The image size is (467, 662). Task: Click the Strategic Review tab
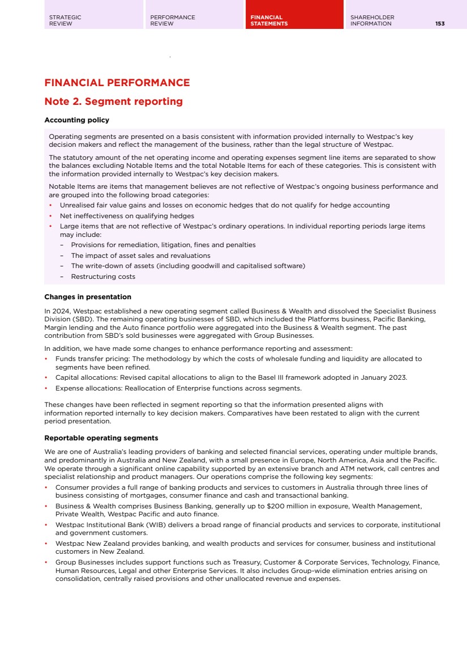pos(65,20)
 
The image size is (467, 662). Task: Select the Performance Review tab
pos(173,20)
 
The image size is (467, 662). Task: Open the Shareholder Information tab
pos(372,20)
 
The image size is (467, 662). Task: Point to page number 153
pos(440,24)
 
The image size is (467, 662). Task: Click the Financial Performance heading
pos(117,83)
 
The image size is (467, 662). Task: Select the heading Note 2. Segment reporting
pos(113,102)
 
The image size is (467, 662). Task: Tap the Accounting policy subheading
pos(76,120)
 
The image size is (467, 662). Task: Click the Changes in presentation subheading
pos(88,297)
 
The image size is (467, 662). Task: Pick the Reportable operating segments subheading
pos(101,438)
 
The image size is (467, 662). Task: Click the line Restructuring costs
pos(103,277)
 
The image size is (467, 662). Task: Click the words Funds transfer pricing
pos(92,359)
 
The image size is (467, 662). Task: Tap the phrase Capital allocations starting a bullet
pos(87,377)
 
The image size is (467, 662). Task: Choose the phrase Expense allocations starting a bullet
pos(87,388)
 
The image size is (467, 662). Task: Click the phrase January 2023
pos(386,377)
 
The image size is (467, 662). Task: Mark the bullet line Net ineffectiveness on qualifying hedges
pos(127,216)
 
